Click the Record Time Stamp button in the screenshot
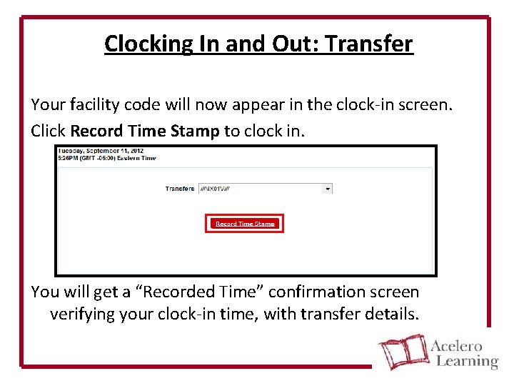tap(245, 224)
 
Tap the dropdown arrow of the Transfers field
tap(328, 189)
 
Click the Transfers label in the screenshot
tap(179, 189)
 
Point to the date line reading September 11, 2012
tap(99, 151)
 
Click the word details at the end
tap(390, 314)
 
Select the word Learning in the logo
tap(465, 361)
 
